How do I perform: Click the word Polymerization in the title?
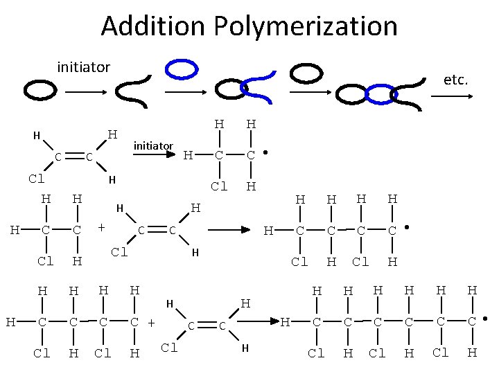[x=306, y=26]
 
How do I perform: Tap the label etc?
[x=455, y=80]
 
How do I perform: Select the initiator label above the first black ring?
[x=83, y=67]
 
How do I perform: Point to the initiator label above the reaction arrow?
[x=152, y=145]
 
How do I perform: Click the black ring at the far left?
[x=40, y=89]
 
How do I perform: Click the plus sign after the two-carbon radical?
[x=101, y=226]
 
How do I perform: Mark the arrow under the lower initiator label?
[x=153, y=155]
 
